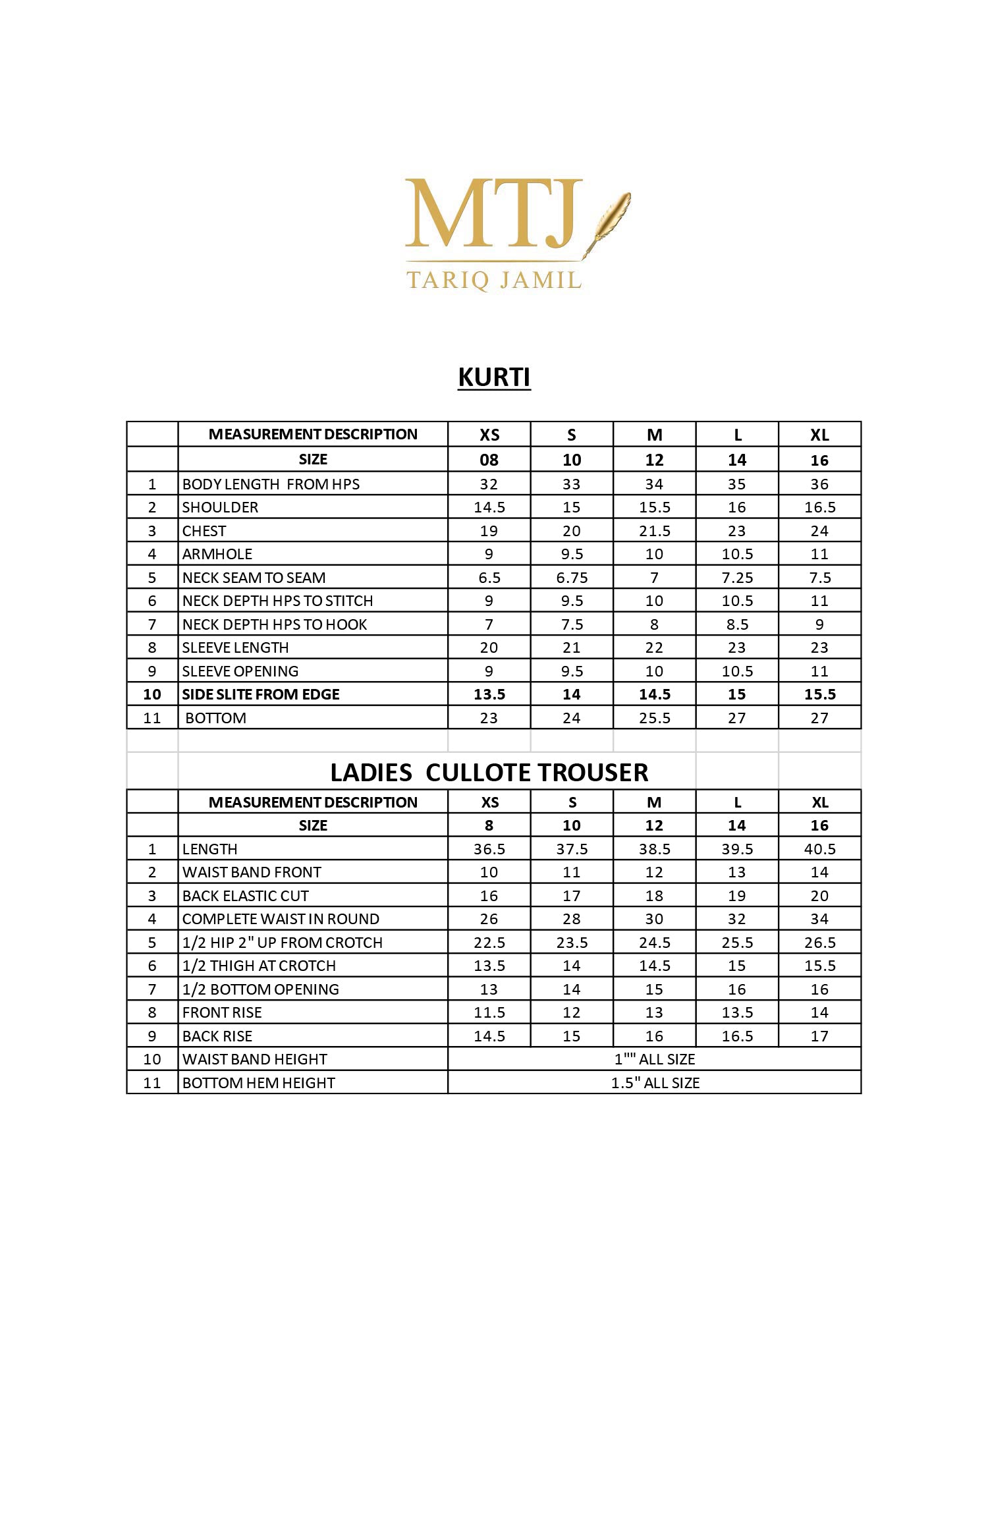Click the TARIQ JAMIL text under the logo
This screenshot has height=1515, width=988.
494,280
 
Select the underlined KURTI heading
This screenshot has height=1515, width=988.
494,377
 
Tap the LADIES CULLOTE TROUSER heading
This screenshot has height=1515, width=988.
489,772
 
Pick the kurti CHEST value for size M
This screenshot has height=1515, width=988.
654,531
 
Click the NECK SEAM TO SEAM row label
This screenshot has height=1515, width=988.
254,578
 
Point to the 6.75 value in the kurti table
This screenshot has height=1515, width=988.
572,578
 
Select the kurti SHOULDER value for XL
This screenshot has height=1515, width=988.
819,507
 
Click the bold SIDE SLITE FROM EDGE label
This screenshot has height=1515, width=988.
261,694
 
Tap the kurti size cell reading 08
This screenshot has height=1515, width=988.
489,460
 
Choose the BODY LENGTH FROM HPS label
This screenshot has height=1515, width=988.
271,484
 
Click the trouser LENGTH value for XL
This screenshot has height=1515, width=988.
819,849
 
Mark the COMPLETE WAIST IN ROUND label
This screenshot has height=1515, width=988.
281,919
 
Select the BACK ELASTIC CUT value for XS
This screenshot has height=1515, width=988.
489,896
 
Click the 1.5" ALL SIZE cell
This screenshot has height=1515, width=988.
655,1083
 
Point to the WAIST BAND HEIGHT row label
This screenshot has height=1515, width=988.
254,1059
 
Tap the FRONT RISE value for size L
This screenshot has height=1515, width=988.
737,1012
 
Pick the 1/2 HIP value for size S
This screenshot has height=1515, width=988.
572,943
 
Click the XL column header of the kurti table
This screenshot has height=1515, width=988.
819,435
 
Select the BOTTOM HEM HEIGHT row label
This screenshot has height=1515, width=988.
258,1083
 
